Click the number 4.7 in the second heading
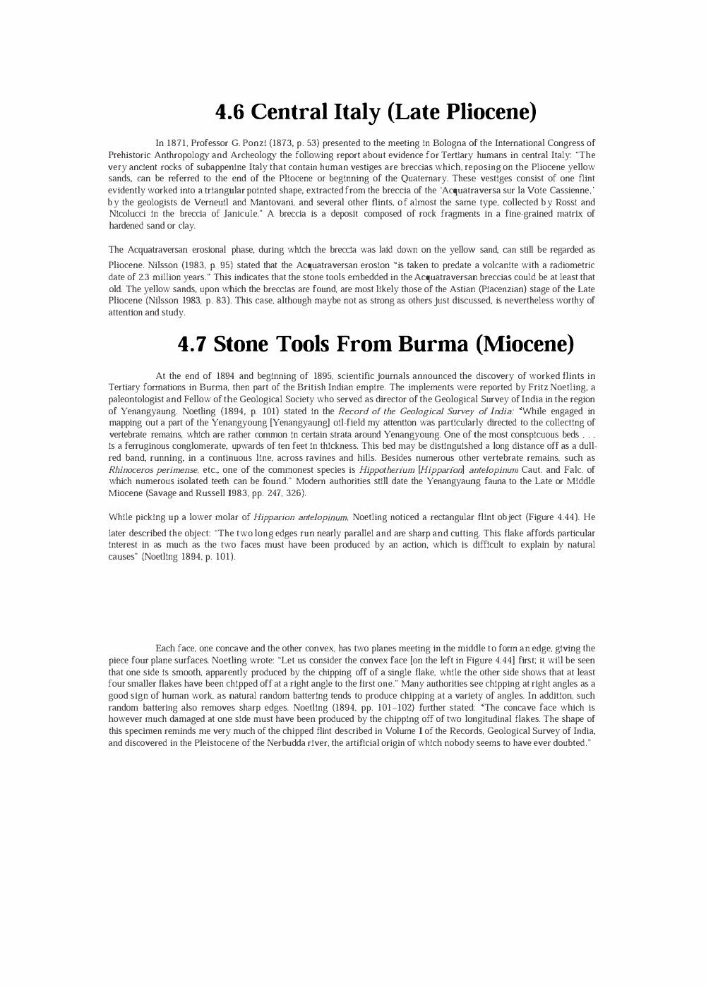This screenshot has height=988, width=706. [x=192, y=344]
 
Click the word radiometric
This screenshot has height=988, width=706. [x=571, y=265]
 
